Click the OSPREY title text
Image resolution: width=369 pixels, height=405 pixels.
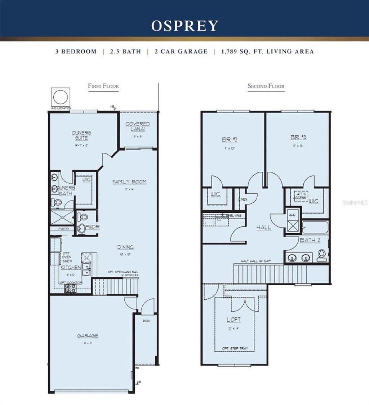184,26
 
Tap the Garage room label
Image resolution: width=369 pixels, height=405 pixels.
87,336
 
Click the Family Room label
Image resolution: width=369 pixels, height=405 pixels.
129,182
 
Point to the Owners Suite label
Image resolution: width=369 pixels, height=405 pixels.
81,135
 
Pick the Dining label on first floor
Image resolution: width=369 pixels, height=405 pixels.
125,247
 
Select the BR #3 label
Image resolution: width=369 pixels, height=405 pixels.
298,137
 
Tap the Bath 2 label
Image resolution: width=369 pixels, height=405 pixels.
310,241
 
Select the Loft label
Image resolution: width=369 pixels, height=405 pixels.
234,320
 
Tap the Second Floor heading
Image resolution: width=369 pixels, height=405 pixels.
266,86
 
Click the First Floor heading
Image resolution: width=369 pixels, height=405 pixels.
103,86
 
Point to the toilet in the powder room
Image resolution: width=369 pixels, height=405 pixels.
83,217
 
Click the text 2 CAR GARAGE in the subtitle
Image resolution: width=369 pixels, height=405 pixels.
181,52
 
